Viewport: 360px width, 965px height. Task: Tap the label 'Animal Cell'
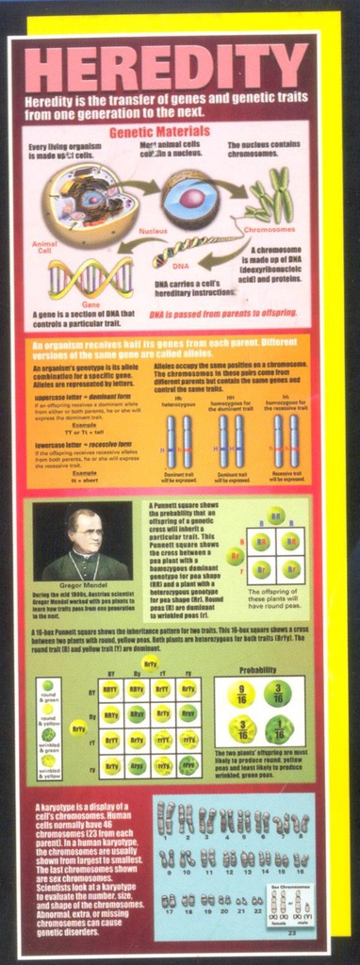click(x=45, y=249)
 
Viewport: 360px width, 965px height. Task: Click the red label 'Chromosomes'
click(x=269, y=229)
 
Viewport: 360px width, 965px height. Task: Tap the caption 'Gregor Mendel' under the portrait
click(x=84, y=585)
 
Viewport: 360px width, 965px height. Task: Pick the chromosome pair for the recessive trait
click(x=286, y=441)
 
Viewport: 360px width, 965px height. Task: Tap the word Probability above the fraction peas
click(x=257, y=670)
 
